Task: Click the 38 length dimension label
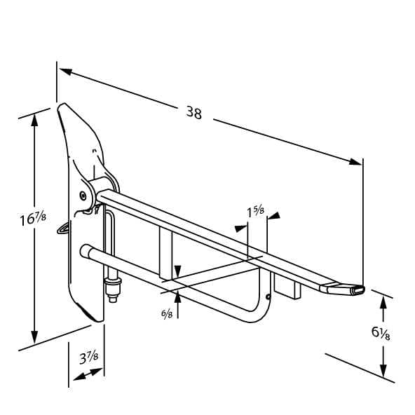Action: point(194,112)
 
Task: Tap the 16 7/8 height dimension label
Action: point(33,219)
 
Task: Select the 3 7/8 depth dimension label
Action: point(88,358)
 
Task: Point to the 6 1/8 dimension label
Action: point(381,333)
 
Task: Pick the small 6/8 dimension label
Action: point(167,314)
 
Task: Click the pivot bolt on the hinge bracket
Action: point(83,196)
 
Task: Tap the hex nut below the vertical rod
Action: point(113,287)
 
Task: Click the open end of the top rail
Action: point(358,291)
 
